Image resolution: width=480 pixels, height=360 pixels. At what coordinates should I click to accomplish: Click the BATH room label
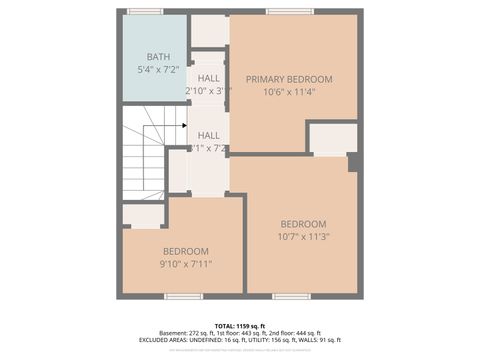coord(158,57)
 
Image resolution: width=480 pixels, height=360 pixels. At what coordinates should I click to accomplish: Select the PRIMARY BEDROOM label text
coord(289,79)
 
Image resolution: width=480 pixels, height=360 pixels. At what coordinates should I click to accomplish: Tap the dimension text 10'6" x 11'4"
coord(289,92)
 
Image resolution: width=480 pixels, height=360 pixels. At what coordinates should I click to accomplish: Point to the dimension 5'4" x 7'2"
coord(158,70)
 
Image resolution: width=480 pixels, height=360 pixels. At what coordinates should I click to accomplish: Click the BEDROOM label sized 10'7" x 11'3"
coord(303,223)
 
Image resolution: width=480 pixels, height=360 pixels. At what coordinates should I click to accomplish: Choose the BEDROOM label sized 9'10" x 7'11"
coord(185,251)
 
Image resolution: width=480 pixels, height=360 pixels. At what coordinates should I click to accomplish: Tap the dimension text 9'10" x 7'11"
coord(185,264)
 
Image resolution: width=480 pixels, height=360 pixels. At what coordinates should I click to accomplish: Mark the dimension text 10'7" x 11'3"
coord(303,236)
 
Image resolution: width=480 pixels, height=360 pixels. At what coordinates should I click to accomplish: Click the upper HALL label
coord(209,78)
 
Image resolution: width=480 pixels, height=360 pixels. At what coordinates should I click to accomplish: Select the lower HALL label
coord(209,135)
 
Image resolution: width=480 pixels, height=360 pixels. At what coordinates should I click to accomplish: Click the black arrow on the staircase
coord(184,125)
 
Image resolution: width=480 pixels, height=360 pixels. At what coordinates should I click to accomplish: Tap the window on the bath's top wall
coord(145,11)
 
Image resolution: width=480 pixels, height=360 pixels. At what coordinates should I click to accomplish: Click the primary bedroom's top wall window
coord(281,11)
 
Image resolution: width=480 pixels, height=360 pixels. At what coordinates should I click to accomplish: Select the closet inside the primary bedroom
coord(332,138)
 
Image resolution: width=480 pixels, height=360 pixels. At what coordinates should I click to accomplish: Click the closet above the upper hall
coord(209,31)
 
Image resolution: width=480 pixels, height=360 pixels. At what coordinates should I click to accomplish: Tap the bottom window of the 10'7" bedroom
coord(291,296)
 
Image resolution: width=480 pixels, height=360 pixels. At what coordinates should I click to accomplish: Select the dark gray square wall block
coord(354,162)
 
